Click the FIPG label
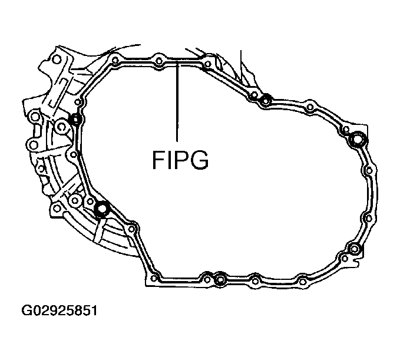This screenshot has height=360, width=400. tap(180, 160)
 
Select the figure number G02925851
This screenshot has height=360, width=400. tap(59, 310)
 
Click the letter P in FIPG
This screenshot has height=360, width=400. tap(180, 160)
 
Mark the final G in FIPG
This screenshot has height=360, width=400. tap(199, 160)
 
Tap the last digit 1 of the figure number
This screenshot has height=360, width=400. tap(92, 310)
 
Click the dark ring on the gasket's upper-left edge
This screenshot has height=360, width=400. tap(75, 120)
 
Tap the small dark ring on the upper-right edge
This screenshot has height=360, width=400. tap(266, 100)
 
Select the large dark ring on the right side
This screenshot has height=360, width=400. tap(358, 140)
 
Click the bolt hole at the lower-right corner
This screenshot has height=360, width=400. tap(353, 248)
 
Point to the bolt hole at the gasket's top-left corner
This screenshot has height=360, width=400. tap(114, 60)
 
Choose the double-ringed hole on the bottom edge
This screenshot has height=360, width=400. tap(219, 279)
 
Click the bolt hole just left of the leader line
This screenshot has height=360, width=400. tap(159, 60)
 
